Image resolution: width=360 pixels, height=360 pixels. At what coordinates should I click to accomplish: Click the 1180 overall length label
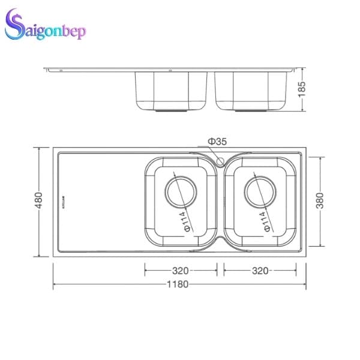point(178,284)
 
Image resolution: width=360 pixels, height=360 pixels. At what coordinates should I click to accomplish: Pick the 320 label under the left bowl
point(181,271)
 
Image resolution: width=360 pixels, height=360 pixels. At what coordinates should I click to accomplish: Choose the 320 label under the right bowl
point(260,271)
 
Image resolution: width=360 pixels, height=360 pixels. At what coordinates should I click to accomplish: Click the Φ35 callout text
point(217,142)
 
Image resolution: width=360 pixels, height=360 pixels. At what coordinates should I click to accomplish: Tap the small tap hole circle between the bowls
point(220,161)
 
